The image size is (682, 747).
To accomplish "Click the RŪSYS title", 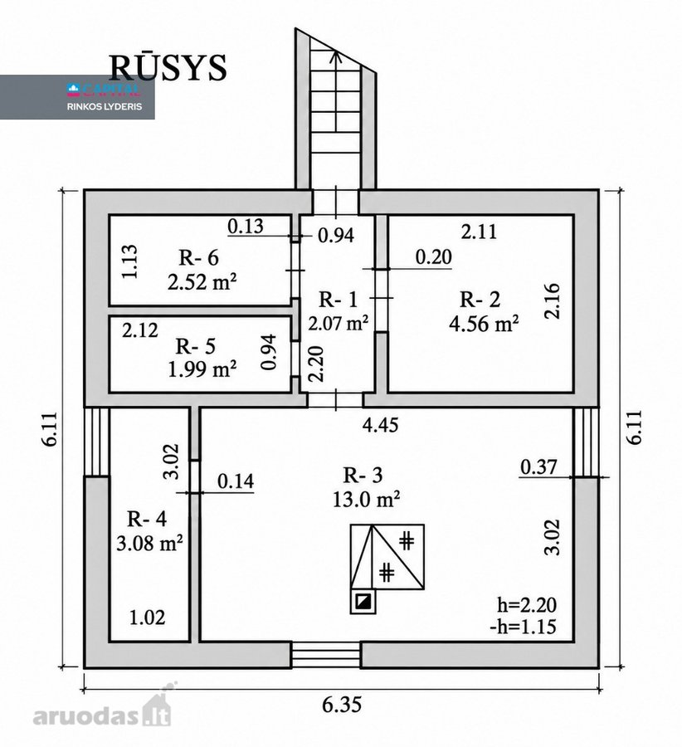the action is click(x=168, y=67).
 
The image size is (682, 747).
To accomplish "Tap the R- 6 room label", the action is click(x=198, y=258).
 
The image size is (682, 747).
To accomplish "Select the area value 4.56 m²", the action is click(x=484, y=324).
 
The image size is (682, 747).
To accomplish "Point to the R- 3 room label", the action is click(x=363, y=475).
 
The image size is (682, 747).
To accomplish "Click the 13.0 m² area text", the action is click(x=366, y=500).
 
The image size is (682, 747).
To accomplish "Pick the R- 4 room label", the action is click(x=147, y=519).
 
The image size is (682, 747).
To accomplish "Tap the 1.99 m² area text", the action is click(x=202, y=369).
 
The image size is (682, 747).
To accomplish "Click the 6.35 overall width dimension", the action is click(x=342, y=705).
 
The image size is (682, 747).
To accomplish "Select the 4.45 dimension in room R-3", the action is click(x=380, y=424).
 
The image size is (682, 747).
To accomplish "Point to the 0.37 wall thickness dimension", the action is click(x=538, y=466).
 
